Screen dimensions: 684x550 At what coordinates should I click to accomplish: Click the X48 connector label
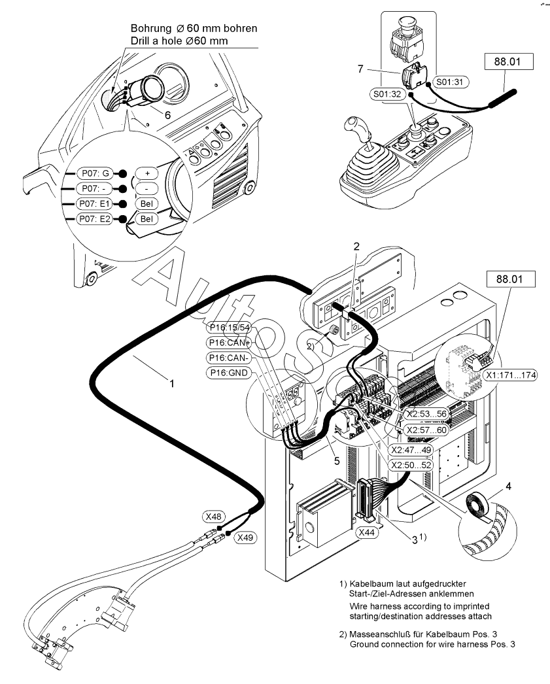click(213, 516)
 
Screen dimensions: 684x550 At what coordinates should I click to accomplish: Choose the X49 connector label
click(246, 538)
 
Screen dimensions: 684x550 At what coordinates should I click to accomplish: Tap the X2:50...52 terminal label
click(411, 465)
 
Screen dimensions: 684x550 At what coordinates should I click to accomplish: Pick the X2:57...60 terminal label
click(425, 430)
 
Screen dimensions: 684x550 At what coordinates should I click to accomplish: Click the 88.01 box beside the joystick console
click(508, 62)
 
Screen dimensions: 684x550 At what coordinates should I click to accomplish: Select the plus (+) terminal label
click(147, 173)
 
